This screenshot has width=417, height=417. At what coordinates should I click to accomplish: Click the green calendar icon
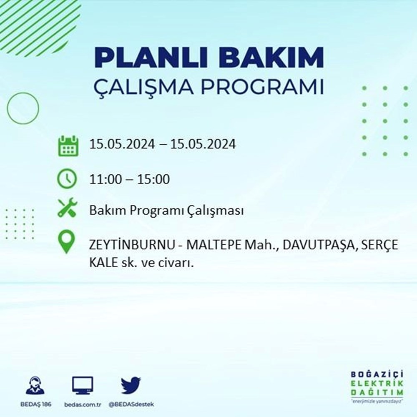[68, 146]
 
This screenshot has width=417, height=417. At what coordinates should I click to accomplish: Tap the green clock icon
[67, 179]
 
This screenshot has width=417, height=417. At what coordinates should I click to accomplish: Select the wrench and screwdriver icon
[67, 207]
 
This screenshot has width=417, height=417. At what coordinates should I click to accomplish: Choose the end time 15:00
[153, 179]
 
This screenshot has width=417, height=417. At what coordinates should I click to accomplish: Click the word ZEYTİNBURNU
[132, 245]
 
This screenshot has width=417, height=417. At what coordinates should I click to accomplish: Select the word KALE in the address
[103, 263]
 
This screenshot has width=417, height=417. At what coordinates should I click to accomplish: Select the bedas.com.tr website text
[83, 404]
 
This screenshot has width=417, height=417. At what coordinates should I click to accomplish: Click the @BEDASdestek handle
[131, 404]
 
